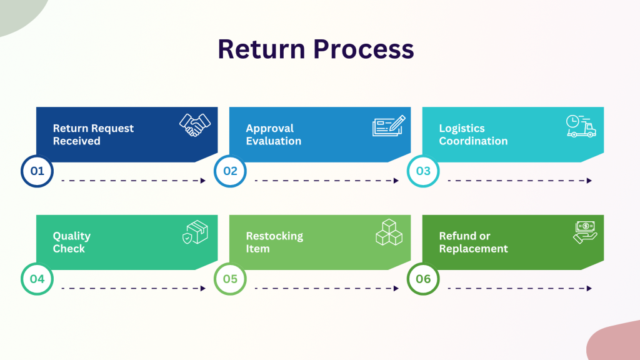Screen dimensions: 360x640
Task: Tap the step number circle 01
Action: click(x=37, y=171)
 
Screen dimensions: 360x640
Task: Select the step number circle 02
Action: click(x=230, y=171)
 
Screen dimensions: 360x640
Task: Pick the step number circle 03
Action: click(x=423, y=171)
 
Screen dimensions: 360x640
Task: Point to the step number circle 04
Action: click(x=37, y=279)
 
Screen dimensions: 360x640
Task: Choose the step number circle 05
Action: click(x=230, y=279)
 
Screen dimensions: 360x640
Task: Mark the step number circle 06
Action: click(x=423, y=279)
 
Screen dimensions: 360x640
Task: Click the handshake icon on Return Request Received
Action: click(x=195, y=125)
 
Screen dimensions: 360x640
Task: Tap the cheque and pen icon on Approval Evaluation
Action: click(x=388, y=126)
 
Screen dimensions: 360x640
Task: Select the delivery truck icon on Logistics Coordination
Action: click(x=581, y=126)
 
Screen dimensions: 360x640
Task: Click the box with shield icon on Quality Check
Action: click(x=195, y=232)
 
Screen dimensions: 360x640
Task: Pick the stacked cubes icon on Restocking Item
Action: click(x=389, y=232)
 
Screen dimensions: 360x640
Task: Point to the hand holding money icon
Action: click(x=585, y=232)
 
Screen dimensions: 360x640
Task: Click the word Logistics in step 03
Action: click(x=462, y=129)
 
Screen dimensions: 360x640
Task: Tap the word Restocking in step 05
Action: click(x=274, y=236)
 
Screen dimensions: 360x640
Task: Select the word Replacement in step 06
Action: click(x=473, y=249)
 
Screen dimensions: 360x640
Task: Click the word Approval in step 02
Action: click(x=269, y=129)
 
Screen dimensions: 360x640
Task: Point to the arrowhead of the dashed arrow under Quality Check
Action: click(x=202, y=289)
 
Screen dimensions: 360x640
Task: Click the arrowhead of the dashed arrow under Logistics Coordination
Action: click(x=589, y=181)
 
